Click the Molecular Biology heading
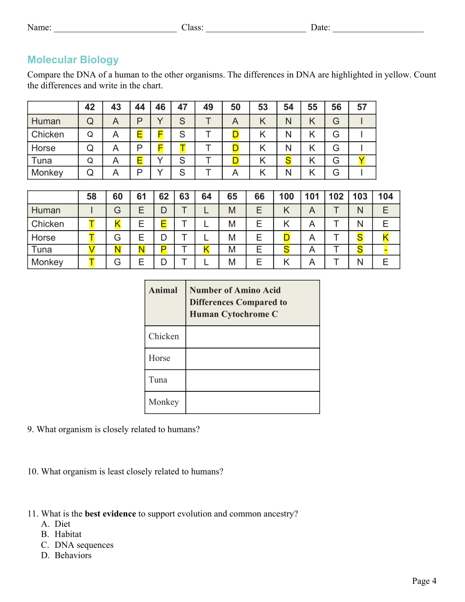pos(73,60)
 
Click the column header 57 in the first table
pos(361,107)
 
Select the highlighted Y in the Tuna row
pos(361,161)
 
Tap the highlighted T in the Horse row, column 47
pos(182,148)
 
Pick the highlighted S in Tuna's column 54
pos(288,161)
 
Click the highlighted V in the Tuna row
pos(92,250)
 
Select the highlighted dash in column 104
pos(386,250)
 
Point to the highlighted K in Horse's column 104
pos(386,237)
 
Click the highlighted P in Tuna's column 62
pos(163,250)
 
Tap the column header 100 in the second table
pos(286,196)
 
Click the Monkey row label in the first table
pos(47,173)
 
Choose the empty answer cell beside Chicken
pos(252,337)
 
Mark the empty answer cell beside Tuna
pos(252,380)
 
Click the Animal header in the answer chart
pos(163,291)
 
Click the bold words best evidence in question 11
pos(110,514)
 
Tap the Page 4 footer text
pos(424,581)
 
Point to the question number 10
pos(32,472)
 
